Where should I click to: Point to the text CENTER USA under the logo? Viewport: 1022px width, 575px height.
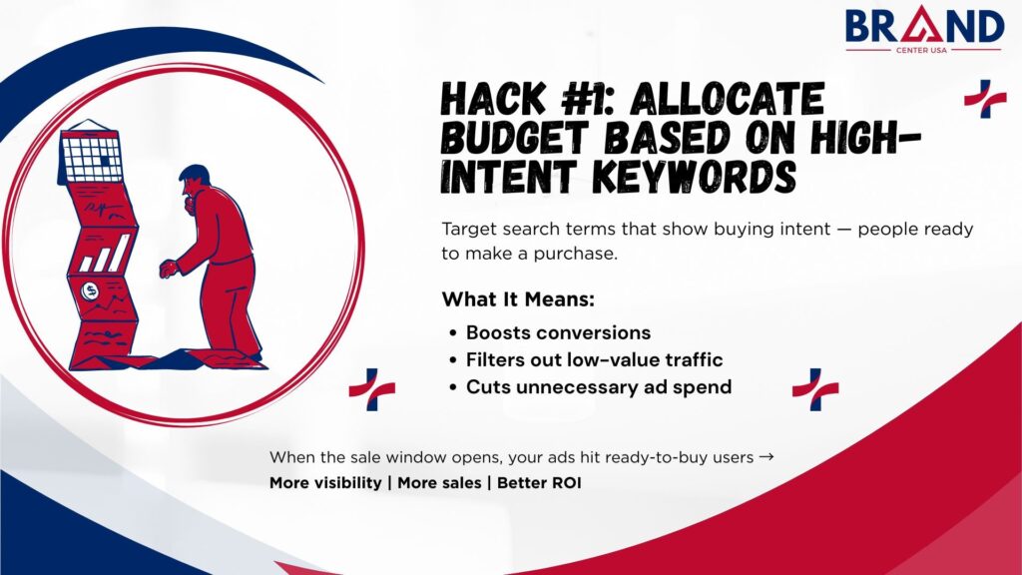pyautogui.click(x=925, y=51)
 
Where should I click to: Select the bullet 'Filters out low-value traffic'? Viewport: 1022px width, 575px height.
pyautogui.click(x=594, y=359)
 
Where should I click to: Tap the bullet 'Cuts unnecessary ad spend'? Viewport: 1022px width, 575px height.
pyautogui.click(x=599, y=386)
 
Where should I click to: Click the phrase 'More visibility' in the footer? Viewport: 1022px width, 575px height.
pyautogui.click(x=327, y=483)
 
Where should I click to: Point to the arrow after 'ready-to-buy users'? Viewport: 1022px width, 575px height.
pyautogui.click(x=766, y=457)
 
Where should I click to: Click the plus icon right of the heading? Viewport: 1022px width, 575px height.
pyautogui.click(x=984, y=98)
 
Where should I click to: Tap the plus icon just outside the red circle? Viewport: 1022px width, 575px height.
pyautogui.click(x=371, y=388)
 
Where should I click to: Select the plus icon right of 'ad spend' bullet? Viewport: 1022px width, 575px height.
pyautogui.click(x=814, y=388)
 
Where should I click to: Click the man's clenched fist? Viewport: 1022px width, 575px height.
pyautogui.click(x=167, y=269)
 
